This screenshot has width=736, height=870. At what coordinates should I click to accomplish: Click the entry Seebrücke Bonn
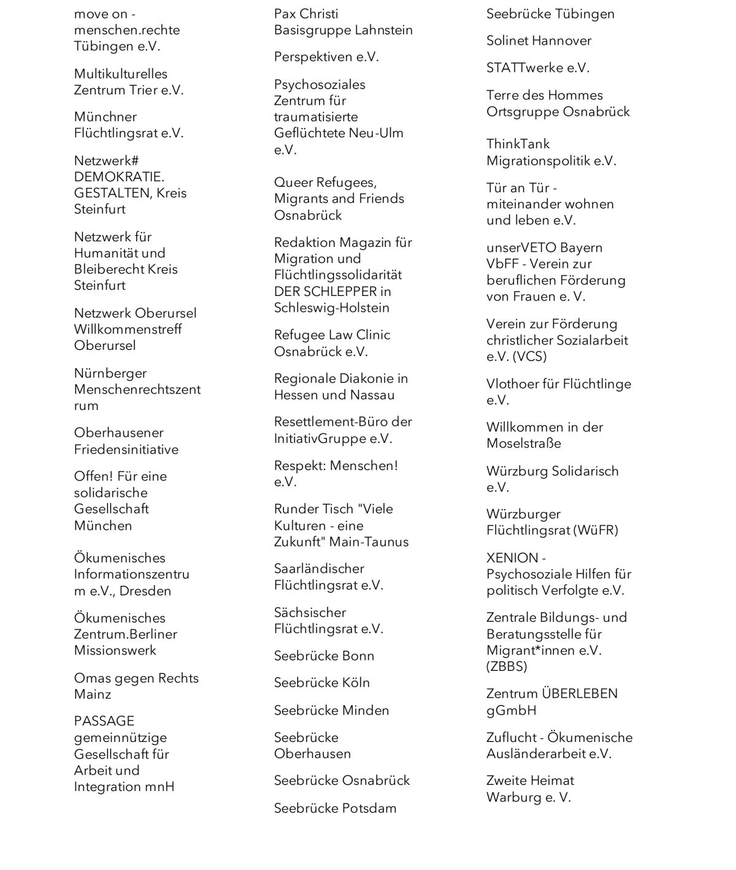pyautogui.click(x=324, y=656)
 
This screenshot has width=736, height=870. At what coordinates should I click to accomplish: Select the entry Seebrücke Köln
pyautogui.click(x=322, y=683)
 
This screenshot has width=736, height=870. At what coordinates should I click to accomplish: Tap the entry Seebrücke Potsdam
pyautogui.click(x=335, y=809)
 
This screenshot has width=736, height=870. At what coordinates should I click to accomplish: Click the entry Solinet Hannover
pyautogui.click(x=539, y=41)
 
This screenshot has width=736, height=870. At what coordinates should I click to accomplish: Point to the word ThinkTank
pyautogui.click(x=518, y=145)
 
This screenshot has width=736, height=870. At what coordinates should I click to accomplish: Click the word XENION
pyautogui.click(x=512, y=558)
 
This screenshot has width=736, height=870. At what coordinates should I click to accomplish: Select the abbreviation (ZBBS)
pyautogui.click(x=507, y=667)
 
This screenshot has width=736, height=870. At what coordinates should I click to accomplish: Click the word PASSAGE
pyautogui.click(x=104, y=722)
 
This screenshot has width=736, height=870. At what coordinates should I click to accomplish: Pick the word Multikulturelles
pyautogui.click(x=120, y=74)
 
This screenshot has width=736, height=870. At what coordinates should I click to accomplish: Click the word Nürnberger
pyautogui.click(x=110, y=374)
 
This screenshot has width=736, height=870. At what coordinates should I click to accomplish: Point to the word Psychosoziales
pyautogui.click(x=320, y=85)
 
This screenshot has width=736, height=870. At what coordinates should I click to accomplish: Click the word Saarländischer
pyautogui.click(x=319, y=569)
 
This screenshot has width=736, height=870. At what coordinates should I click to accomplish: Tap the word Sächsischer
pyautogui.click(x=310, y=613)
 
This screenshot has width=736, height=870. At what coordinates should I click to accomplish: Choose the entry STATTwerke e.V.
pyautogui.click(x=537, y=68)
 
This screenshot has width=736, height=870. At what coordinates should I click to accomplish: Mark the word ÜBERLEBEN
pyautogui.click(x=580, y=694)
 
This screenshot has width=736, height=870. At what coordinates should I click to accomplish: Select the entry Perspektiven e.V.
pyautogui.click(x=326, y=57)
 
